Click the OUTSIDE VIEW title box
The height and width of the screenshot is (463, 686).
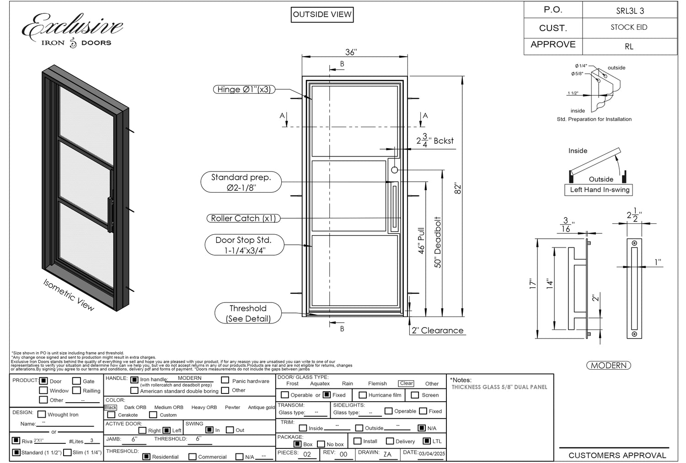(x=322, y=15)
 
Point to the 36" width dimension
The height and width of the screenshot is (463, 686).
(x=350, y=52)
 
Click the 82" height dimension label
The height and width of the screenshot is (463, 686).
(x=458, y=188)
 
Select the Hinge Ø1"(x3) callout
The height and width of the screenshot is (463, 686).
(x=244, y=90)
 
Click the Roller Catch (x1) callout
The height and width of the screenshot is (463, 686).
(x=243, y=219)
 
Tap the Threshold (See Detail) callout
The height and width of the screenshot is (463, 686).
(x=248, y=313)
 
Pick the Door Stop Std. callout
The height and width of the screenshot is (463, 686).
(x=244, y=245)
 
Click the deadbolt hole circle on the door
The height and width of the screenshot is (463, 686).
(x=394, y=170)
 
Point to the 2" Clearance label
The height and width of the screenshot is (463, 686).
(x=437, y=330)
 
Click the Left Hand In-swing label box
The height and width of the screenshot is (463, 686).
(x=599, y=190)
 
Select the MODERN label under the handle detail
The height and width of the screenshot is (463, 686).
(x=608, y=366)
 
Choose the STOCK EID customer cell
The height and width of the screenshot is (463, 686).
(x=629, y=27)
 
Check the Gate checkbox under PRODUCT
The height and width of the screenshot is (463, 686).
(x=77, y=381)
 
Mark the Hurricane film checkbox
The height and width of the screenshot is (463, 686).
(x=362, y=395)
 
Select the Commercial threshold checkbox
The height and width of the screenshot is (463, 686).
(x=193, y=457)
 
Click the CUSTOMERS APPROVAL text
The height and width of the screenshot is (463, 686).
(x=617, y=455)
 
